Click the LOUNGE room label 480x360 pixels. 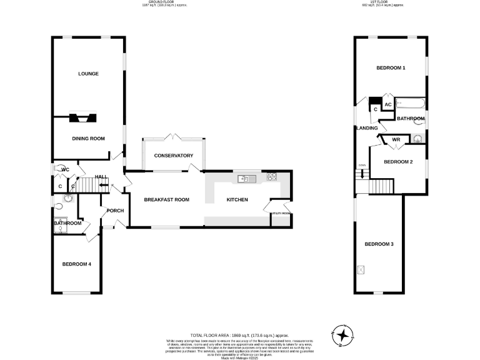pos(88,74)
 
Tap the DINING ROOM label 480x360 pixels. pos(88,139)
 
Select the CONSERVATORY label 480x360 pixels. pos(173,156)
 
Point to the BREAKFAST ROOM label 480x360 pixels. pos(166,200)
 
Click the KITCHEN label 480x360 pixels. pos(237,200)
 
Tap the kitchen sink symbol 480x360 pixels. pos(244,179)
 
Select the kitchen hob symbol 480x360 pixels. pos(271,177)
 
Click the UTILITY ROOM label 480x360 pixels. pos(280,214)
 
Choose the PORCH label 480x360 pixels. pos(115,211)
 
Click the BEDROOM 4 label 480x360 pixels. pos(77,264)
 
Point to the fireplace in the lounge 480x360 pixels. pos(82,117)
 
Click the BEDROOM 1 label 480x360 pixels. pos(391,67)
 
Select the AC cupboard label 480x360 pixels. pos(387,104)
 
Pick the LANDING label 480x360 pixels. pos(367,128)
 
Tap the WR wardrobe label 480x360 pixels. pos(395,140)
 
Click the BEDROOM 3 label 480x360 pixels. pos(379,244)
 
